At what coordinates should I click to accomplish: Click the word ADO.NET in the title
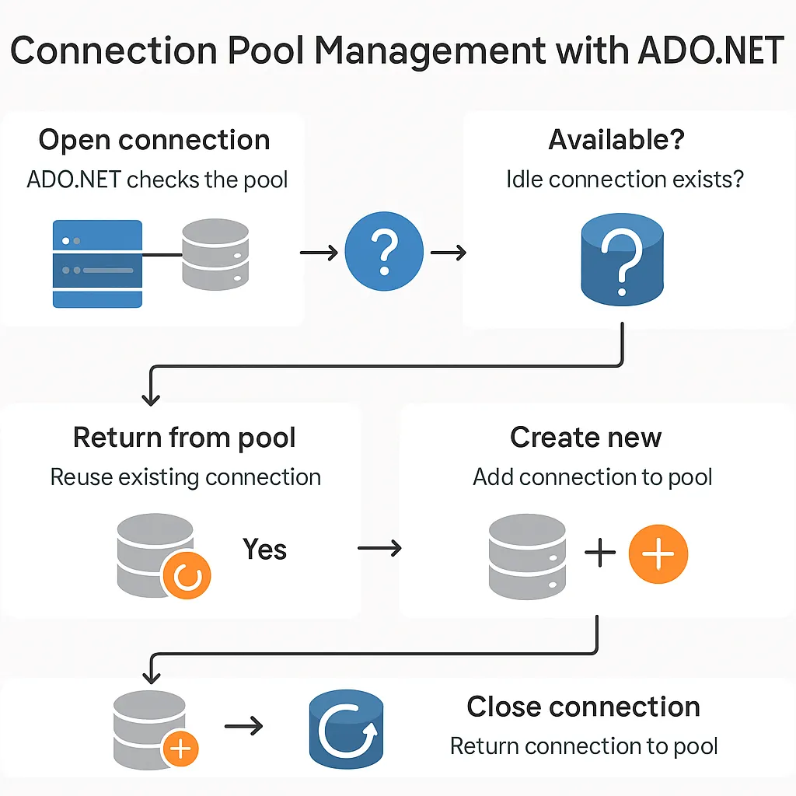pyautogui.click(x=710, y=51)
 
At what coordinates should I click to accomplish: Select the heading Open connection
pyautogui.click(x=155, y=140)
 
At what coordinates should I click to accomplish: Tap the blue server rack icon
pyautogui.click(x=97, y=264)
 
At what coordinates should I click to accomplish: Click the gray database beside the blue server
pyautogui.click(x=215, y=254)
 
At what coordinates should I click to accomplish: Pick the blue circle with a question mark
pyautogui.click(x=384, y=251)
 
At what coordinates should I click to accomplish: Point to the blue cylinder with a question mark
pyautogui.click(x=623, y=260)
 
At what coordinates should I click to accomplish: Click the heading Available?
pyautogui.click(x=616, y=139)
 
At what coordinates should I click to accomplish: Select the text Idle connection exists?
pyautogui.click(x=625, y=180)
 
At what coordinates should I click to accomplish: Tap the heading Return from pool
pyautogui.click(x=184, y=438)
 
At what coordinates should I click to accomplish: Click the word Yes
pyautogui.click(x=264, y=549)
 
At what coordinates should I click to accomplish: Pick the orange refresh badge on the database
pyautogui.click(x=187, y=575)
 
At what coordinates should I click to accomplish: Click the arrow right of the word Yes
pyautogui.click(x=379, y=548)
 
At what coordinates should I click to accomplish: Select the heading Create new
pyautogui.click(x=586, y=437)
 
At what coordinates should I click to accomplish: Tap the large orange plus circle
pyautogui.click(x=658, y=553)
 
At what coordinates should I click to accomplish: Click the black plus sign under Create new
pyautogui.click(x=600, y=553)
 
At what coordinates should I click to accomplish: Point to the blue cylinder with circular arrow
pyautogui.click(x=346, y=729)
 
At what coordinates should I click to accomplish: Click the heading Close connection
pyautogui.click(x=583, y=706)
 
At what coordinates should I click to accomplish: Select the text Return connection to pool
pyautogui.click(x=584, y=746)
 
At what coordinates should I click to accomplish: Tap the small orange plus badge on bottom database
pyautogui.click(x=180, y=749)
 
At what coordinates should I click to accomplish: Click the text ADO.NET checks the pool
pyautogui.click(x=157, y=180)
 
